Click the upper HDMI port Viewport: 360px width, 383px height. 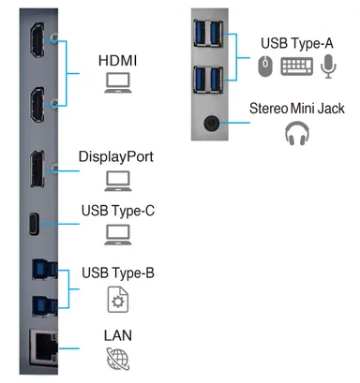(x=37, y=40)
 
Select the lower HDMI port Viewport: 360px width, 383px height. (x=37, y=105)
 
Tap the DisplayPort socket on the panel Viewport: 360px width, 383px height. (x=37, y=169)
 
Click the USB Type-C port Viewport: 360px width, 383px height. (x=34, y=224)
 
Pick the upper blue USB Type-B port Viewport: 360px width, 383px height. (x=45, y=269)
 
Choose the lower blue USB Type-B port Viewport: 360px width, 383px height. (x=45, y=306)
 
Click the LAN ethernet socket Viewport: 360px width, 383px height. (x=43, y=347)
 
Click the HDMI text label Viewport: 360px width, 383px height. (x=117, y=61)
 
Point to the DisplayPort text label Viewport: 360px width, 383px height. (x=116, y=156)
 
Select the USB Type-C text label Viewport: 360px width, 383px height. (x=118, y=211)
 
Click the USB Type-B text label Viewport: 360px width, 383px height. (x=118, y=273)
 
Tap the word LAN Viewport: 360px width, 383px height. (x=118, y=335)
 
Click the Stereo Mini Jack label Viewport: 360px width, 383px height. (x=297, y=109)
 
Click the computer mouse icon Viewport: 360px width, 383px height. (x=265, y=66)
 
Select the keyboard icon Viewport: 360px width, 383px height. (x=296, y=66)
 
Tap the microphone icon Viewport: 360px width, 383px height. (x=328, y=66)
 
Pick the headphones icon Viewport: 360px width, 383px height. (x=297, y=134)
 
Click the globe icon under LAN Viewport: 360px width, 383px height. (x=118, y=359)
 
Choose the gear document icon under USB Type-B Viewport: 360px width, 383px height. (x=118, y=300)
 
